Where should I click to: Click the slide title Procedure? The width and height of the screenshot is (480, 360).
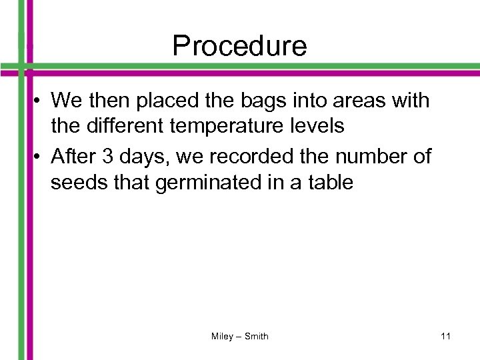pyautogui.click(x=239, y=46)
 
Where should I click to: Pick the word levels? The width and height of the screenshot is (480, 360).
pyautogui.click(x=317, y=127)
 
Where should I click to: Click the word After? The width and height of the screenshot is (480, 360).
pyautogui.click(x=73, y=157)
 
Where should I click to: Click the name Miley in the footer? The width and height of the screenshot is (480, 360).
pyautogui.click(x=222, y=337)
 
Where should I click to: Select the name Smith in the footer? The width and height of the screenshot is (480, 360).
pyautogui.click(x=256, y=337)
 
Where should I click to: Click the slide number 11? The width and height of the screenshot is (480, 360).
pyautogui.click(x=445, y=337)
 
